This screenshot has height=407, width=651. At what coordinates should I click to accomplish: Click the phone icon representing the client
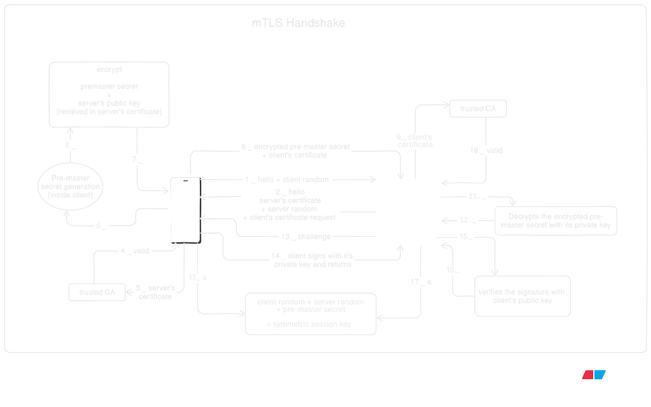[x=184, y=209]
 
